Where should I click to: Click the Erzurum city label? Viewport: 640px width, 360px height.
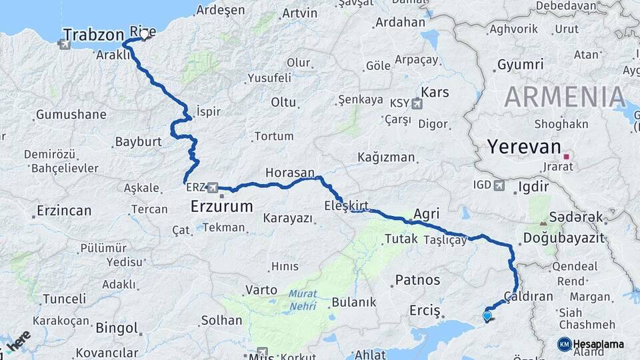click(x=222, y=206)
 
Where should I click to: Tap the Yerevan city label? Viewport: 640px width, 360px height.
click(x=521, y=147)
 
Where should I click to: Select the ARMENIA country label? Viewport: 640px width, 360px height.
click(x=565, y=97)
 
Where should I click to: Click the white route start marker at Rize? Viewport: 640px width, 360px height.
click(x=143, y=33)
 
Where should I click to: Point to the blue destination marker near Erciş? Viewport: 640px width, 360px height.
click(x=487, y=317)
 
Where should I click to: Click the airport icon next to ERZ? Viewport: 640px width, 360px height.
click(x=213, y=187)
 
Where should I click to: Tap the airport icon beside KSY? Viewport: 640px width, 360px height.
click(x=417, y=103)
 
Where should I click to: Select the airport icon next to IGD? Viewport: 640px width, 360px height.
click(x=499, y=185)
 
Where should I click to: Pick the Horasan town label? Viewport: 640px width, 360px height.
click(x=289, y=173)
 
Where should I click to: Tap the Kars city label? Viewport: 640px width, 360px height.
click(x=436, y=92)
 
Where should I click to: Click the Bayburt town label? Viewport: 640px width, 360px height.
click(x=139, y=142)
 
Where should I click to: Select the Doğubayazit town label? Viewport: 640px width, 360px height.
click(x=563, y=238)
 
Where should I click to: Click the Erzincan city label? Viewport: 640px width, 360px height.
click(x=64, y=211)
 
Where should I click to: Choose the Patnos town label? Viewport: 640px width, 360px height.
click(x=418, y=279)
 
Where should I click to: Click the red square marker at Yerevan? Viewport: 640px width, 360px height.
click(x=566, y=157)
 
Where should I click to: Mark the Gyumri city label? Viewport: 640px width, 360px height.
click(x=520, y=65)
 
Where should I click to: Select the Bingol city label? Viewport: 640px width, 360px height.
click(x=117, y=328)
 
